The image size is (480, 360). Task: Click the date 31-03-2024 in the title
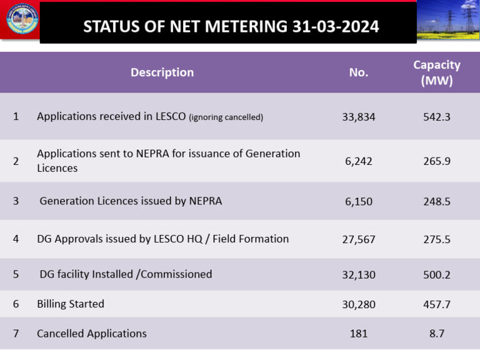[x=335, y=26]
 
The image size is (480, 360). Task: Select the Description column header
[x=162, y=72]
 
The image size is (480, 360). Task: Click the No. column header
[x=358, y=72]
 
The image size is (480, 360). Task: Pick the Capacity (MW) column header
[x=437, y=72]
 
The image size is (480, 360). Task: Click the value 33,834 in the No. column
[x=358, y=116]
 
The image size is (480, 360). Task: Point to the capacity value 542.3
[x=437, y=116]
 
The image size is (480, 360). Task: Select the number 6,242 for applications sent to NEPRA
[x=358, y=161]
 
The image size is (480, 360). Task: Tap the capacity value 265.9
[x=437, y=161]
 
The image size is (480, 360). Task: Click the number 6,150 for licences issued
[x=358, y=201]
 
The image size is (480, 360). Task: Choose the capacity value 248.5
[x=437, y=201]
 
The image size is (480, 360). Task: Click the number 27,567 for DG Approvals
[x=358, y=239]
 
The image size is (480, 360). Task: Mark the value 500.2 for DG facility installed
[x=437, y=274]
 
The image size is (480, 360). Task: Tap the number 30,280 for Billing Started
[x=358, y=304]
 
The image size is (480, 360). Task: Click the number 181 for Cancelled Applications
[x=358, y=334]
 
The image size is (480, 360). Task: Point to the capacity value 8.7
[x=437, y=334]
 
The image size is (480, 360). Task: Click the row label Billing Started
[x=71, y=304]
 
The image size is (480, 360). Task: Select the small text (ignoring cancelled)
[x=226, y=117]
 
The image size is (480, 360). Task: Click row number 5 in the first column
[x=16, y=274]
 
